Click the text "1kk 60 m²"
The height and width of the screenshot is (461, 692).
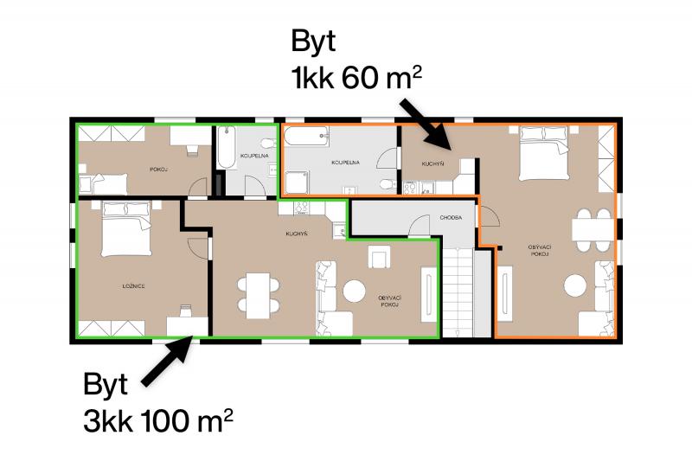pyautogui.click(x=356, y=77)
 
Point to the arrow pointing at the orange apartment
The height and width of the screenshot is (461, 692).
pyautogui.click(x=426, y=125)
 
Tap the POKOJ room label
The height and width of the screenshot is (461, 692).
pyautogui.click(x=158, y=170)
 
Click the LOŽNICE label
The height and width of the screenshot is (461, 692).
pyautogui.click(x=134, y=286)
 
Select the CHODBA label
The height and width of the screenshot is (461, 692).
pyautogui.click(x=451, y=218)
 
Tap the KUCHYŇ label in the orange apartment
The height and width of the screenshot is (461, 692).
pyautogui.click(x=432, y=164)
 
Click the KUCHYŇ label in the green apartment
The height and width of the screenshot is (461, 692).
pyautogui.click(x=296, y=234)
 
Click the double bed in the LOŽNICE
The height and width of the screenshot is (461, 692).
pyautogui.click(x=126, y=229)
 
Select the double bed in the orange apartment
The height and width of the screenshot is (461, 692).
pyautogui.click(x=543, y=153)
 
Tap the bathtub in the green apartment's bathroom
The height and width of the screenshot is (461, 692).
pyautogui.click(x=227, y=147)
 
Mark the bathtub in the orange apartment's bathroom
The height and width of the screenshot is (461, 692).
pyautogui.click(x=306, y=137)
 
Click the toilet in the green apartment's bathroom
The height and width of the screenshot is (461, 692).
pyautogui.click(x=268, y=144)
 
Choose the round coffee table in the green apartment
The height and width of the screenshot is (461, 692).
pyautogui.click(x=355, y=291)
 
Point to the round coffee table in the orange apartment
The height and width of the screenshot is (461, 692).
pyautogui.click(x=575, y=285)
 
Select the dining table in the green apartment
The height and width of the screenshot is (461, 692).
pyautogui.click(x=258, y=296)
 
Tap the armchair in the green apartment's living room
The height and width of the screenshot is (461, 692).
pyautogui.click(x=379, y=257)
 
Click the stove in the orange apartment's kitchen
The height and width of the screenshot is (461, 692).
pyautogui.click(x=410, y=188)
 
